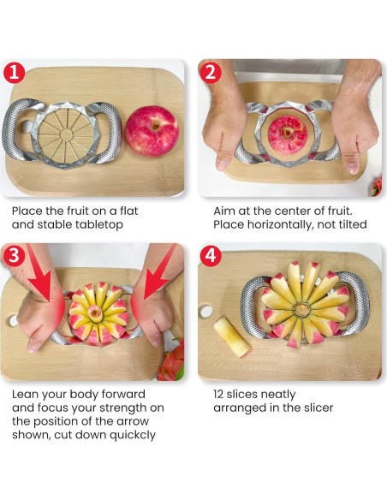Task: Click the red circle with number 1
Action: click(14, 73)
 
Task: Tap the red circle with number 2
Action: click(211, 73)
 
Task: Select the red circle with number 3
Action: click(14, 256)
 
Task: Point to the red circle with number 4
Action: click(211, 256)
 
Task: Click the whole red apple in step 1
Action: click(152, 131)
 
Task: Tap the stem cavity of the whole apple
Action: click(156, 125)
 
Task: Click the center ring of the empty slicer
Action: click(66, 135)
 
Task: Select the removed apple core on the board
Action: click(231, 336)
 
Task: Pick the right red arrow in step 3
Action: click(159, 272)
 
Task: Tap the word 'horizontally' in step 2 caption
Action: click(279, 224)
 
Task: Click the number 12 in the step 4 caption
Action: click(218, 394)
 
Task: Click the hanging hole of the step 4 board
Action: click(206, 312)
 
